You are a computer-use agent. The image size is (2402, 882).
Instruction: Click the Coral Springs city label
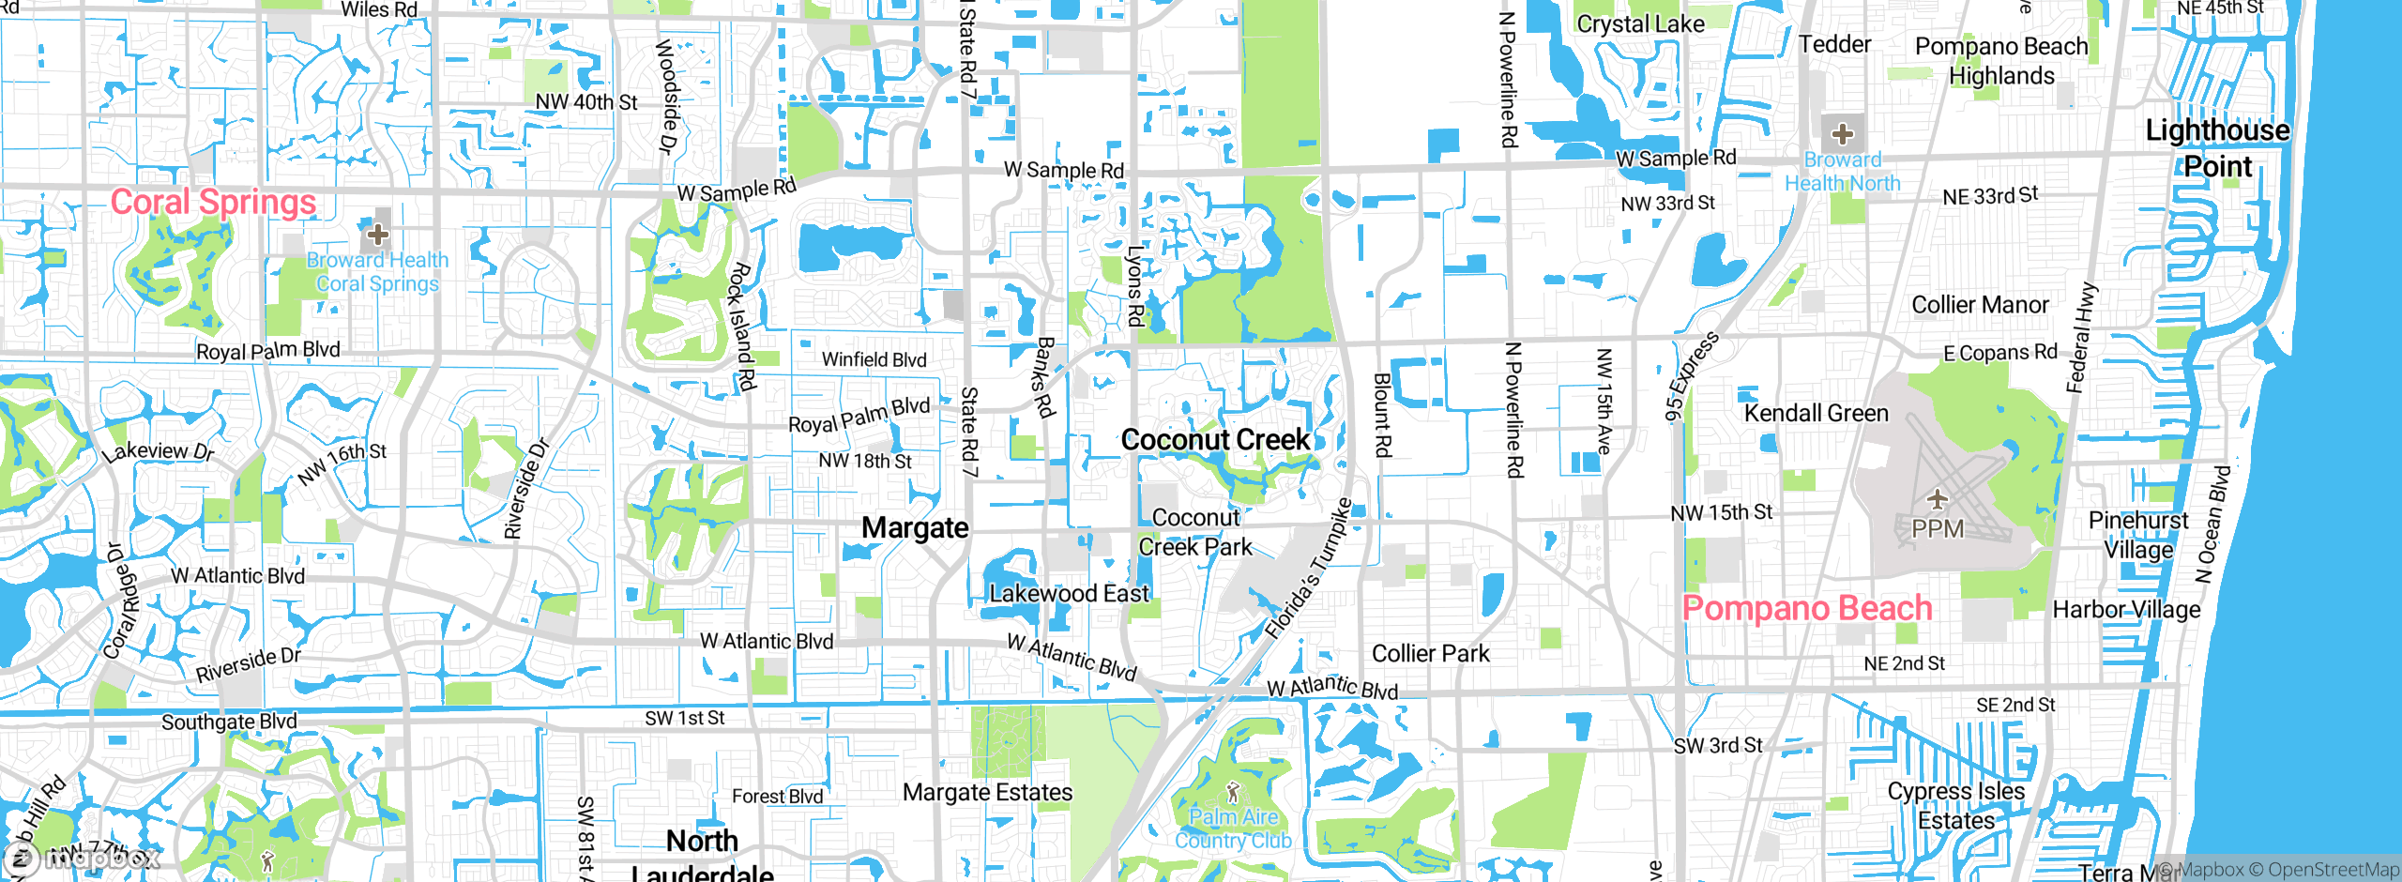point(213,202)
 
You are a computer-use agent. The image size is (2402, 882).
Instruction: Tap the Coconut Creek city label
point(1215,439)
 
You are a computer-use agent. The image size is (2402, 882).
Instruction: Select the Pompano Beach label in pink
point(1806,608)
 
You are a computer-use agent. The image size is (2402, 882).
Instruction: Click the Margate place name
point(915,527)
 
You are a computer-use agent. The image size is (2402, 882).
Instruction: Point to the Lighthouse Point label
point(2217,147)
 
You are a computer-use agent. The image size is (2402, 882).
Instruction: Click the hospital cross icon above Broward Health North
point(1843,134)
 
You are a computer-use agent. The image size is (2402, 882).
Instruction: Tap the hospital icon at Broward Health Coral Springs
point(378,234)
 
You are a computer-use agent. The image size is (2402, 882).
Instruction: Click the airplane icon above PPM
point(1937,499)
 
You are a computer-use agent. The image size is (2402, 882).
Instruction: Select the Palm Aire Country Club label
point(1233,828)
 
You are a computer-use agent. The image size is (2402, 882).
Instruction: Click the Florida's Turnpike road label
point(1308,569)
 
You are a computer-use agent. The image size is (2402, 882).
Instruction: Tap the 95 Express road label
point(1692,376)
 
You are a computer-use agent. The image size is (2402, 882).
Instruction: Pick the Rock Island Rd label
point(742,327)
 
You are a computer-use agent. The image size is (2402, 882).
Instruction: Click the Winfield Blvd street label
point(874,359)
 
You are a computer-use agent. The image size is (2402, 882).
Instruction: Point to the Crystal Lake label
point(1640,24)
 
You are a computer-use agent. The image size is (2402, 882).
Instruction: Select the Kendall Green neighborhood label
point(1816,413)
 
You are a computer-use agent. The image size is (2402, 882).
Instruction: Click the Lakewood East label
point(1069,593)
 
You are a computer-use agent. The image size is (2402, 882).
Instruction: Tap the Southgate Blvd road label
point(229,722)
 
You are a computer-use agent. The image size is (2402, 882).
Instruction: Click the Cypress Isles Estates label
point(1956,806)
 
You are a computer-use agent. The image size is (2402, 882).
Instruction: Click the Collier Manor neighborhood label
point(1980,305)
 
